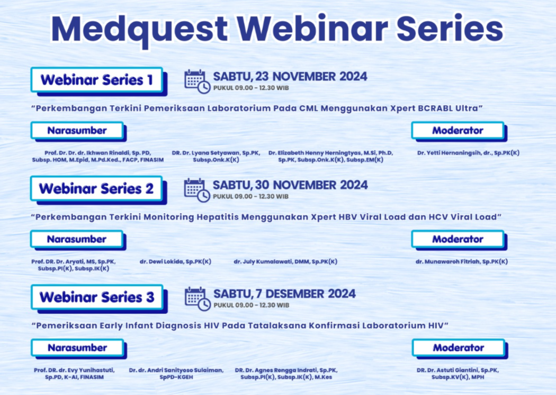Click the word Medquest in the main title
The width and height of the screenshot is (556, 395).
139,30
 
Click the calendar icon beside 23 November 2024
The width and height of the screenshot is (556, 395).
197,82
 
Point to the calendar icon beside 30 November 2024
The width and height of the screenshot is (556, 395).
197,190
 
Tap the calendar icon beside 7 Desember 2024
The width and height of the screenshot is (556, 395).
198,299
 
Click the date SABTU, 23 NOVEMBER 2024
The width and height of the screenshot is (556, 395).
290,77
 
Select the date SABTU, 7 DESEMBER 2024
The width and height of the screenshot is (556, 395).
284,294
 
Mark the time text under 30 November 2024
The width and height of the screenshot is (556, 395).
250,196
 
